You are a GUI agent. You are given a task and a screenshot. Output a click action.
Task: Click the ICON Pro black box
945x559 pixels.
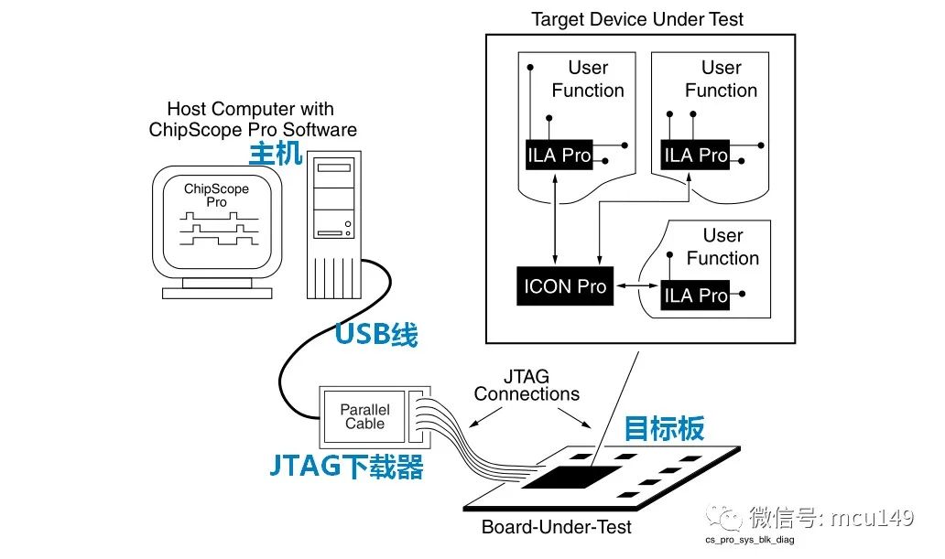tap(565, 286)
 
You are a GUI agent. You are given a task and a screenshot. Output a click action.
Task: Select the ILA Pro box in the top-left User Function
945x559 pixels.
tap(559, 155)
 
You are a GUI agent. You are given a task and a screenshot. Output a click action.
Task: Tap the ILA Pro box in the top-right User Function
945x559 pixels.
tap(695, 155)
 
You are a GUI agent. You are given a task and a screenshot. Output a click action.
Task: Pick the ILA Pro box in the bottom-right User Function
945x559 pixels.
tap(695, 295)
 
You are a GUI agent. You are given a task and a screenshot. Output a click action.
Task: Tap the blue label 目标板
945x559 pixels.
tap(665, 428)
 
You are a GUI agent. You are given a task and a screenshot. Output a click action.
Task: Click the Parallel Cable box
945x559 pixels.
tap(364, 416)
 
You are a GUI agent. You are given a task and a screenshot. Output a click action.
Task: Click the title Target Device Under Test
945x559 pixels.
tap(637, 18)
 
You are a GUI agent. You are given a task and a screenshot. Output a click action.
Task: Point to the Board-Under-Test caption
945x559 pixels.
tap(556, 527)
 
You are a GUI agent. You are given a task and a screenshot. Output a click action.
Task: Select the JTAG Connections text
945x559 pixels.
tap(527, 385)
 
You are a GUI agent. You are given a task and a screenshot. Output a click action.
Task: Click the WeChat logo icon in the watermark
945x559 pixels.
tap(731, 520)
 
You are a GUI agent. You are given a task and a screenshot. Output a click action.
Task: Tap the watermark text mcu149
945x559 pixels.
tap(871, 519)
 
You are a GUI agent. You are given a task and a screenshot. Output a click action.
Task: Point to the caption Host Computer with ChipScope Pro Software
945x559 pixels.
tap(253, 120)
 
